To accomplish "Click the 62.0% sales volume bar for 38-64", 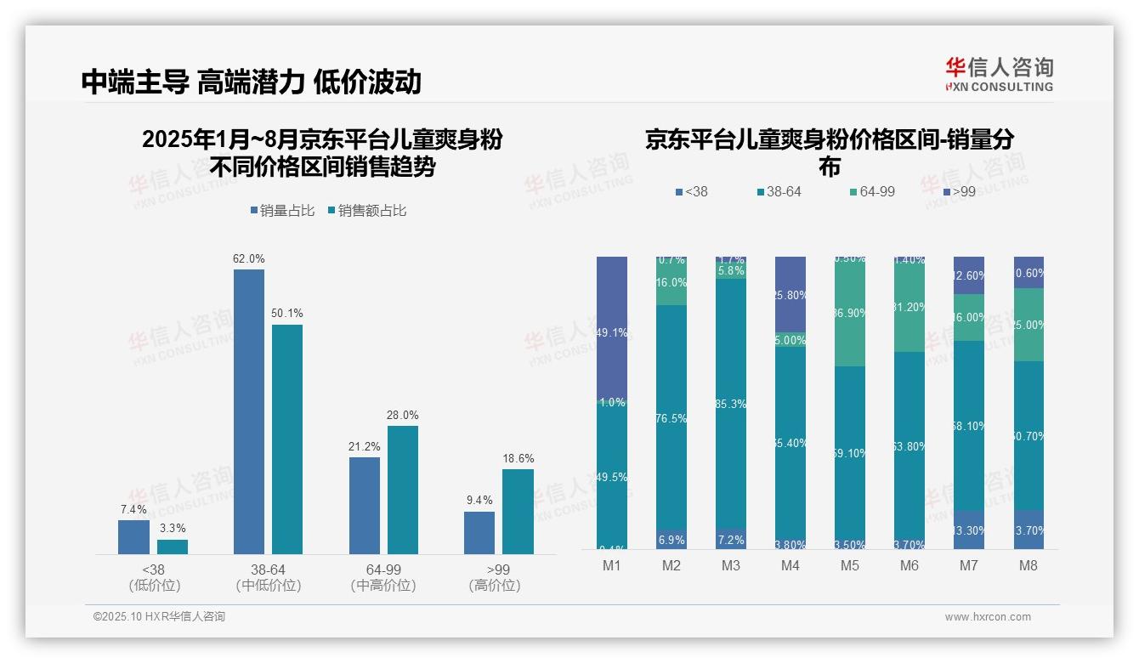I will (x=248, y=411).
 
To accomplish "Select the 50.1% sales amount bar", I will (x=286, y=439).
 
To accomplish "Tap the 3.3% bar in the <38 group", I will (x=172, y=547).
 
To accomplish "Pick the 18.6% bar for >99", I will (x=518, y=512).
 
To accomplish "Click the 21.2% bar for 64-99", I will (x=364, y=506).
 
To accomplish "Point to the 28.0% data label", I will (x=402, y=416).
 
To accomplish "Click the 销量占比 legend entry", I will (x=286, y=211).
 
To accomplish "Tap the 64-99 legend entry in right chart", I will (x=871, y=192).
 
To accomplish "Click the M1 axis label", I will (x=611, y=565).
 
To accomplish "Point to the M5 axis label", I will (x=849, y=565).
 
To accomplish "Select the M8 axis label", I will (x=1028, y=565).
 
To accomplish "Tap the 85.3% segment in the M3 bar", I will (x=730, y=404).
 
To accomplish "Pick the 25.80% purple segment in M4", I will (x=790, y=294).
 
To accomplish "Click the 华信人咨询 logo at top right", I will (x=998, y=74).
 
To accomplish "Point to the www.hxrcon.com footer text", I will (x=987, y=617).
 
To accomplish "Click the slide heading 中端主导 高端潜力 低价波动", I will (x=252, y=82).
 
